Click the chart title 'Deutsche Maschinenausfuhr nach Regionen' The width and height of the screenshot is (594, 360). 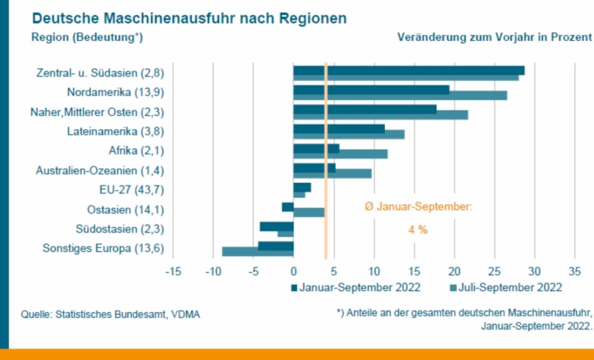click(189, 18)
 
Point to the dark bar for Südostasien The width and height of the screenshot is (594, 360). click(276, 226)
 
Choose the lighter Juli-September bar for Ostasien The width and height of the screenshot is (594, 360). click(309, 212)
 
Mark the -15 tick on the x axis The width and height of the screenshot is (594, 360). click(173, 270)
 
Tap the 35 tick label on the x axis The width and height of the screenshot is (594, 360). click(574, 270)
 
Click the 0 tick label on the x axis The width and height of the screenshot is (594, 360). click(293, 270)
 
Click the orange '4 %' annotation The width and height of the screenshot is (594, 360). click(418, 230)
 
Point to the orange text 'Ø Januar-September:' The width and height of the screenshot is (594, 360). click(418, 207)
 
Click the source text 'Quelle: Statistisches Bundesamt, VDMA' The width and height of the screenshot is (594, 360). click(111, 315)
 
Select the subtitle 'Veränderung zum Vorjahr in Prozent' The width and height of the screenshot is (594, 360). click(494, 37)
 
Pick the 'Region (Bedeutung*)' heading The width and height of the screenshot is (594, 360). click(87, 37)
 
